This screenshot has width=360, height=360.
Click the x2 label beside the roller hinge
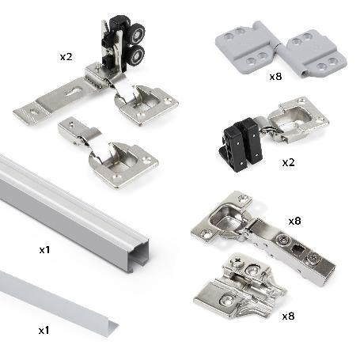pyautogui.click(x=66, y=57)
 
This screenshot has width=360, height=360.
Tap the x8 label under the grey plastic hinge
pyautogui.click(x=275, y=77)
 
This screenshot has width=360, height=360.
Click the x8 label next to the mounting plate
pyautogui.click(x=290, y=316)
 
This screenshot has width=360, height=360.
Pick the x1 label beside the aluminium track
pyautogui.click(x=46, y=250)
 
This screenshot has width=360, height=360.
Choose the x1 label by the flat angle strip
pyautogui.click(x=46, y=325)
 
